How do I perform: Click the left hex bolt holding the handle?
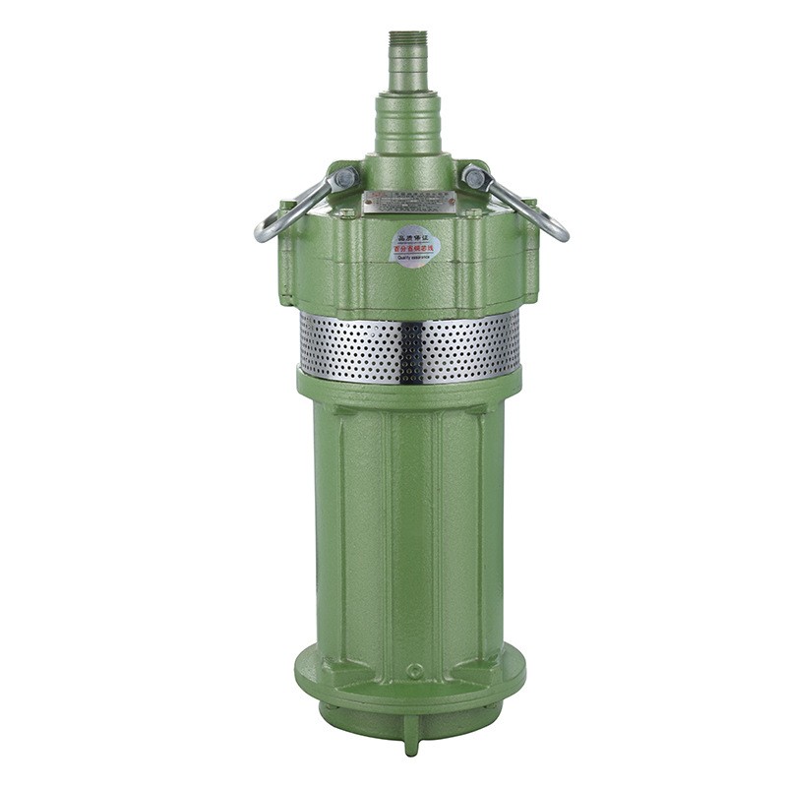[x=345, y=178]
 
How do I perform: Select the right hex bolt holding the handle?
[x=475, y=178]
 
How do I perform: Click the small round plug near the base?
[x=414, y=671]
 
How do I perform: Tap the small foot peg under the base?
[x=411, y=743]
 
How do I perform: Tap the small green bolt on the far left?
[x=286, y=208]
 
